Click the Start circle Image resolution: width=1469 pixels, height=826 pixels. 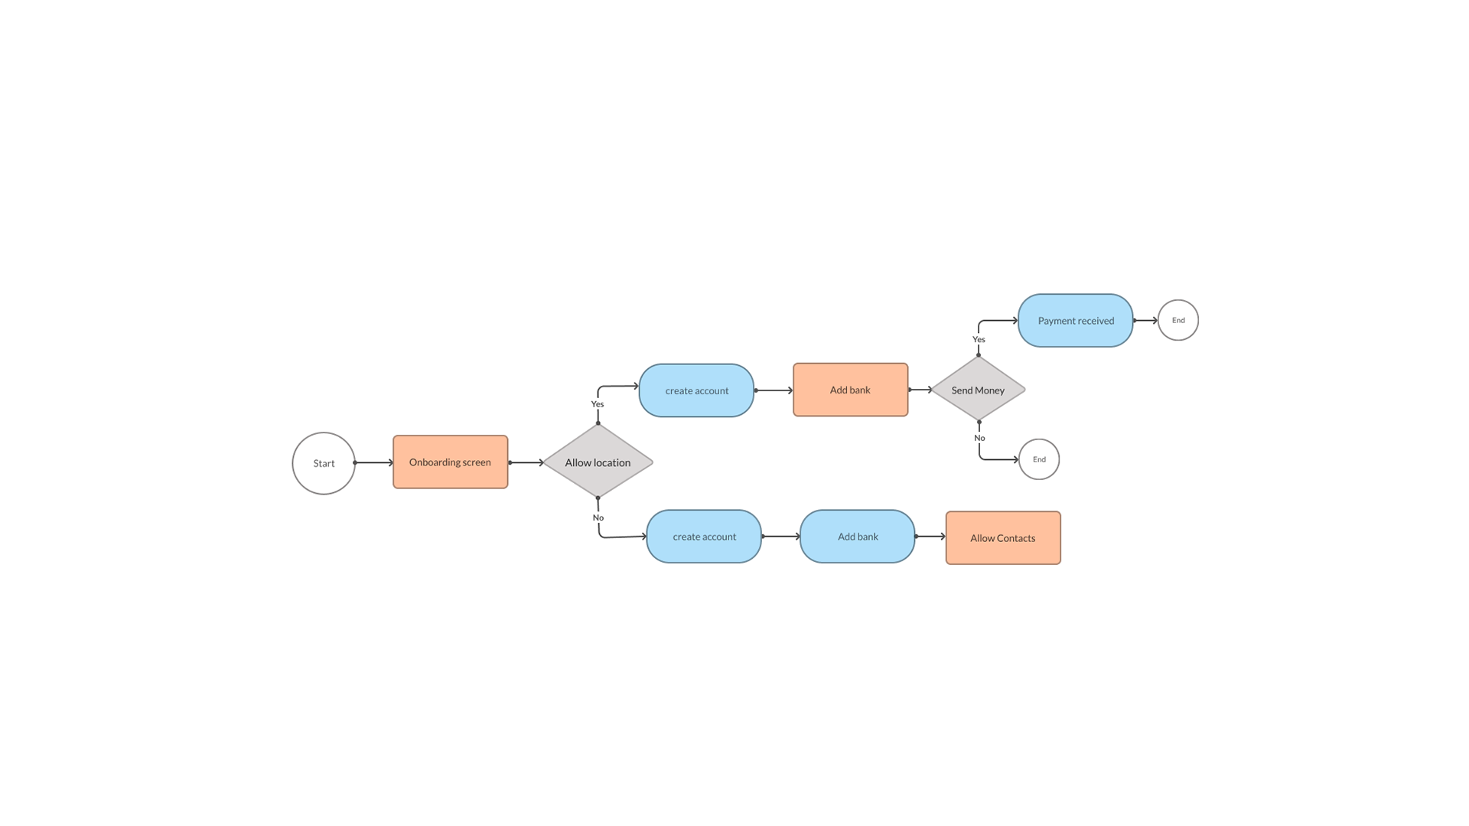click(324, 463)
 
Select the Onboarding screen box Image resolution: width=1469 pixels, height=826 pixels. click(451, 462)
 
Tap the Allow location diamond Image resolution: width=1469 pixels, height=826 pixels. click(598, 462)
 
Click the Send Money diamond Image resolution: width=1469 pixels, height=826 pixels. click(978, 390)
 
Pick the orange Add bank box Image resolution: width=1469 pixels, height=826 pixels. click(851, 390)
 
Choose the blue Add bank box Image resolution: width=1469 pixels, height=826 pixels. click(858, 537)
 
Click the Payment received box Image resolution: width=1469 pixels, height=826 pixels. click(1076, 321)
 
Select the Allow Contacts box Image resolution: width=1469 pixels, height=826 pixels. click(1003, 538)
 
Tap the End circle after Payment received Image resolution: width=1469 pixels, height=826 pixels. click(1178, 320)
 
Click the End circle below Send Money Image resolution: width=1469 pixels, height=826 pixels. click(1039, 459)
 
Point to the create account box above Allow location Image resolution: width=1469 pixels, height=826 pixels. click(696, 390)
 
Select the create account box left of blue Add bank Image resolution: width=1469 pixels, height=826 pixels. click(704, 537)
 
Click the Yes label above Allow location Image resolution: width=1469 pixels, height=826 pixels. click(598, 404)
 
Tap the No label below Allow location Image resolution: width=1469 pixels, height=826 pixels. click(598, 517)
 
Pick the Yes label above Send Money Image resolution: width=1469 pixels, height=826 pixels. click(979, 339)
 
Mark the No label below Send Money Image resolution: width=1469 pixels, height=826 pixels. click(979, 438)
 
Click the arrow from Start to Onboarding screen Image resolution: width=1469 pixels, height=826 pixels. click(374, 462)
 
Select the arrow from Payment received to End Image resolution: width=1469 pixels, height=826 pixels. click(1146, 321)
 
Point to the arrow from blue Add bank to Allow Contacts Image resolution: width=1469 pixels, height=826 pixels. click(931, 537)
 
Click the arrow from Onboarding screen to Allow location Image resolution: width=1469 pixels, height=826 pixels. click(526, 462)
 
